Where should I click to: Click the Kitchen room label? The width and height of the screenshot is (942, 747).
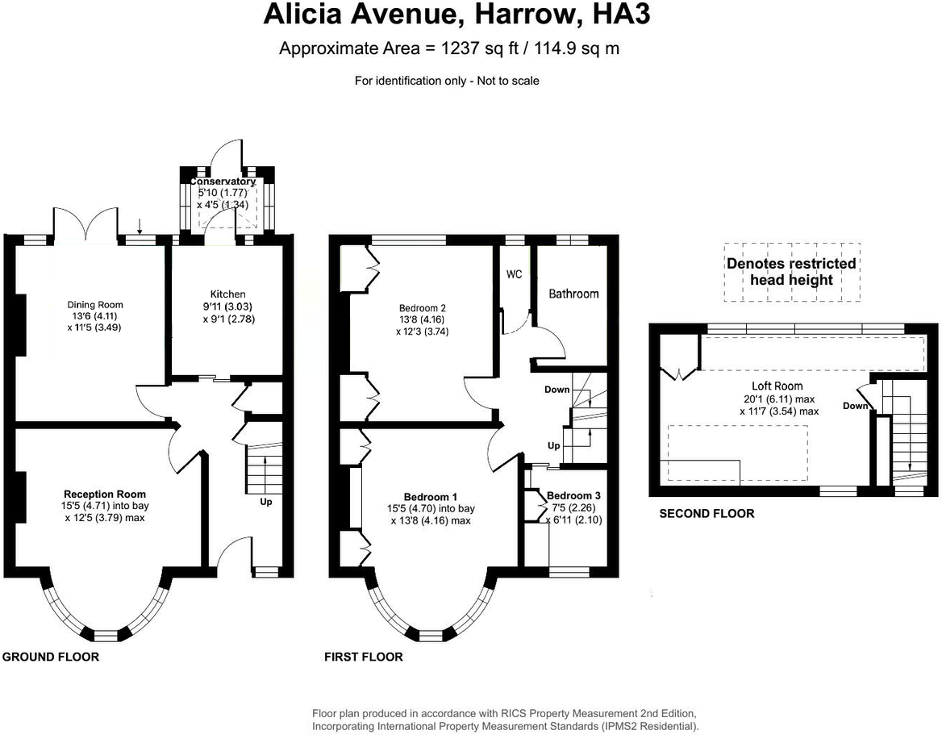coord(227,294)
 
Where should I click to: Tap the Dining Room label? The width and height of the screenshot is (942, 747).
coord(95,305)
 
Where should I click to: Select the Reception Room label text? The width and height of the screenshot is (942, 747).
coord(105,495)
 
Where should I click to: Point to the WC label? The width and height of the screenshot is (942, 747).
coord(515,274)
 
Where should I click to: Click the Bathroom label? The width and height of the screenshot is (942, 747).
coord(573,294)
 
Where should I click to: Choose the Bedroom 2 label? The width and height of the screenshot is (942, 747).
coord(423,307)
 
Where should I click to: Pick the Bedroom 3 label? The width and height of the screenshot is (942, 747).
coord(573,496)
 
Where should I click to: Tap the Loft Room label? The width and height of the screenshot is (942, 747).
coord(777,386)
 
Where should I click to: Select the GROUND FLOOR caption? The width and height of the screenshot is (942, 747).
coord(51,657)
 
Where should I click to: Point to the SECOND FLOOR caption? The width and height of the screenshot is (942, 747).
coord(706,513)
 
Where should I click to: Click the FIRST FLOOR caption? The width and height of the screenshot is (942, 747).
coord(363,657)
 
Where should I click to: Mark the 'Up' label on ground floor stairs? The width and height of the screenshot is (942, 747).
coord(266,502)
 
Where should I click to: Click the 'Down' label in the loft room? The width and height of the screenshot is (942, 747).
coord(855,406)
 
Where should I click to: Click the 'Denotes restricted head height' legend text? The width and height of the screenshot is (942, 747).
coord(791,272)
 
